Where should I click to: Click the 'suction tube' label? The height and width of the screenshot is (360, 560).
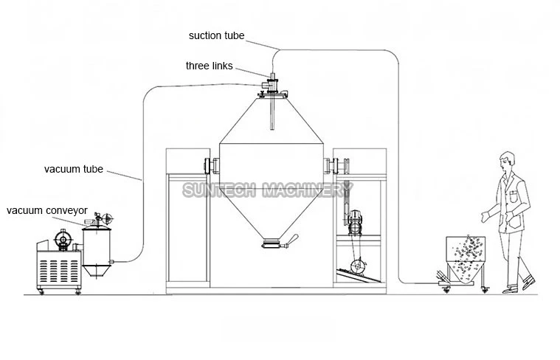coord(216,35)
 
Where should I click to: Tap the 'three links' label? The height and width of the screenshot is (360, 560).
coord(210,66)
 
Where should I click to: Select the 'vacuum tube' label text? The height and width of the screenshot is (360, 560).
coord(74,169)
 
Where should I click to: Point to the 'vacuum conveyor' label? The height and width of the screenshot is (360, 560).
coord(46,210)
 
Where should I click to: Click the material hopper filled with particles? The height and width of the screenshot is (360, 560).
coord(466,258)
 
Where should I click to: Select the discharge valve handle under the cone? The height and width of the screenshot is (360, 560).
coord(291,240)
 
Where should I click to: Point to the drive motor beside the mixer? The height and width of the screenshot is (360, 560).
coord(356,222)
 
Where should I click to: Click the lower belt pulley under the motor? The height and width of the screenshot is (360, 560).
coord(357,266)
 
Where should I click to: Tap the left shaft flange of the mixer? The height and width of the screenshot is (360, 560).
coord(212,166)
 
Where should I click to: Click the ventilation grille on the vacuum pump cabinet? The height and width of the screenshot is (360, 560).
coord(58,271)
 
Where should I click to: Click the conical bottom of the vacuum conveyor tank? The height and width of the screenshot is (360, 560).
coord(96,270)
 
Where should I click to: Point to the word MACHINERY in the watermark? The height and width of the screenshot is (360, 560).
coord(308,190)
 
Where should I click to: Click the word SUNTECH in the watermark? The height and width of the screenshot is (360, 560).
coord(218,190)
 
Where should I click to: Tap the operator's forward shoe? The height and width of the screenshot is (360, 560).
coord(528,282)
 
